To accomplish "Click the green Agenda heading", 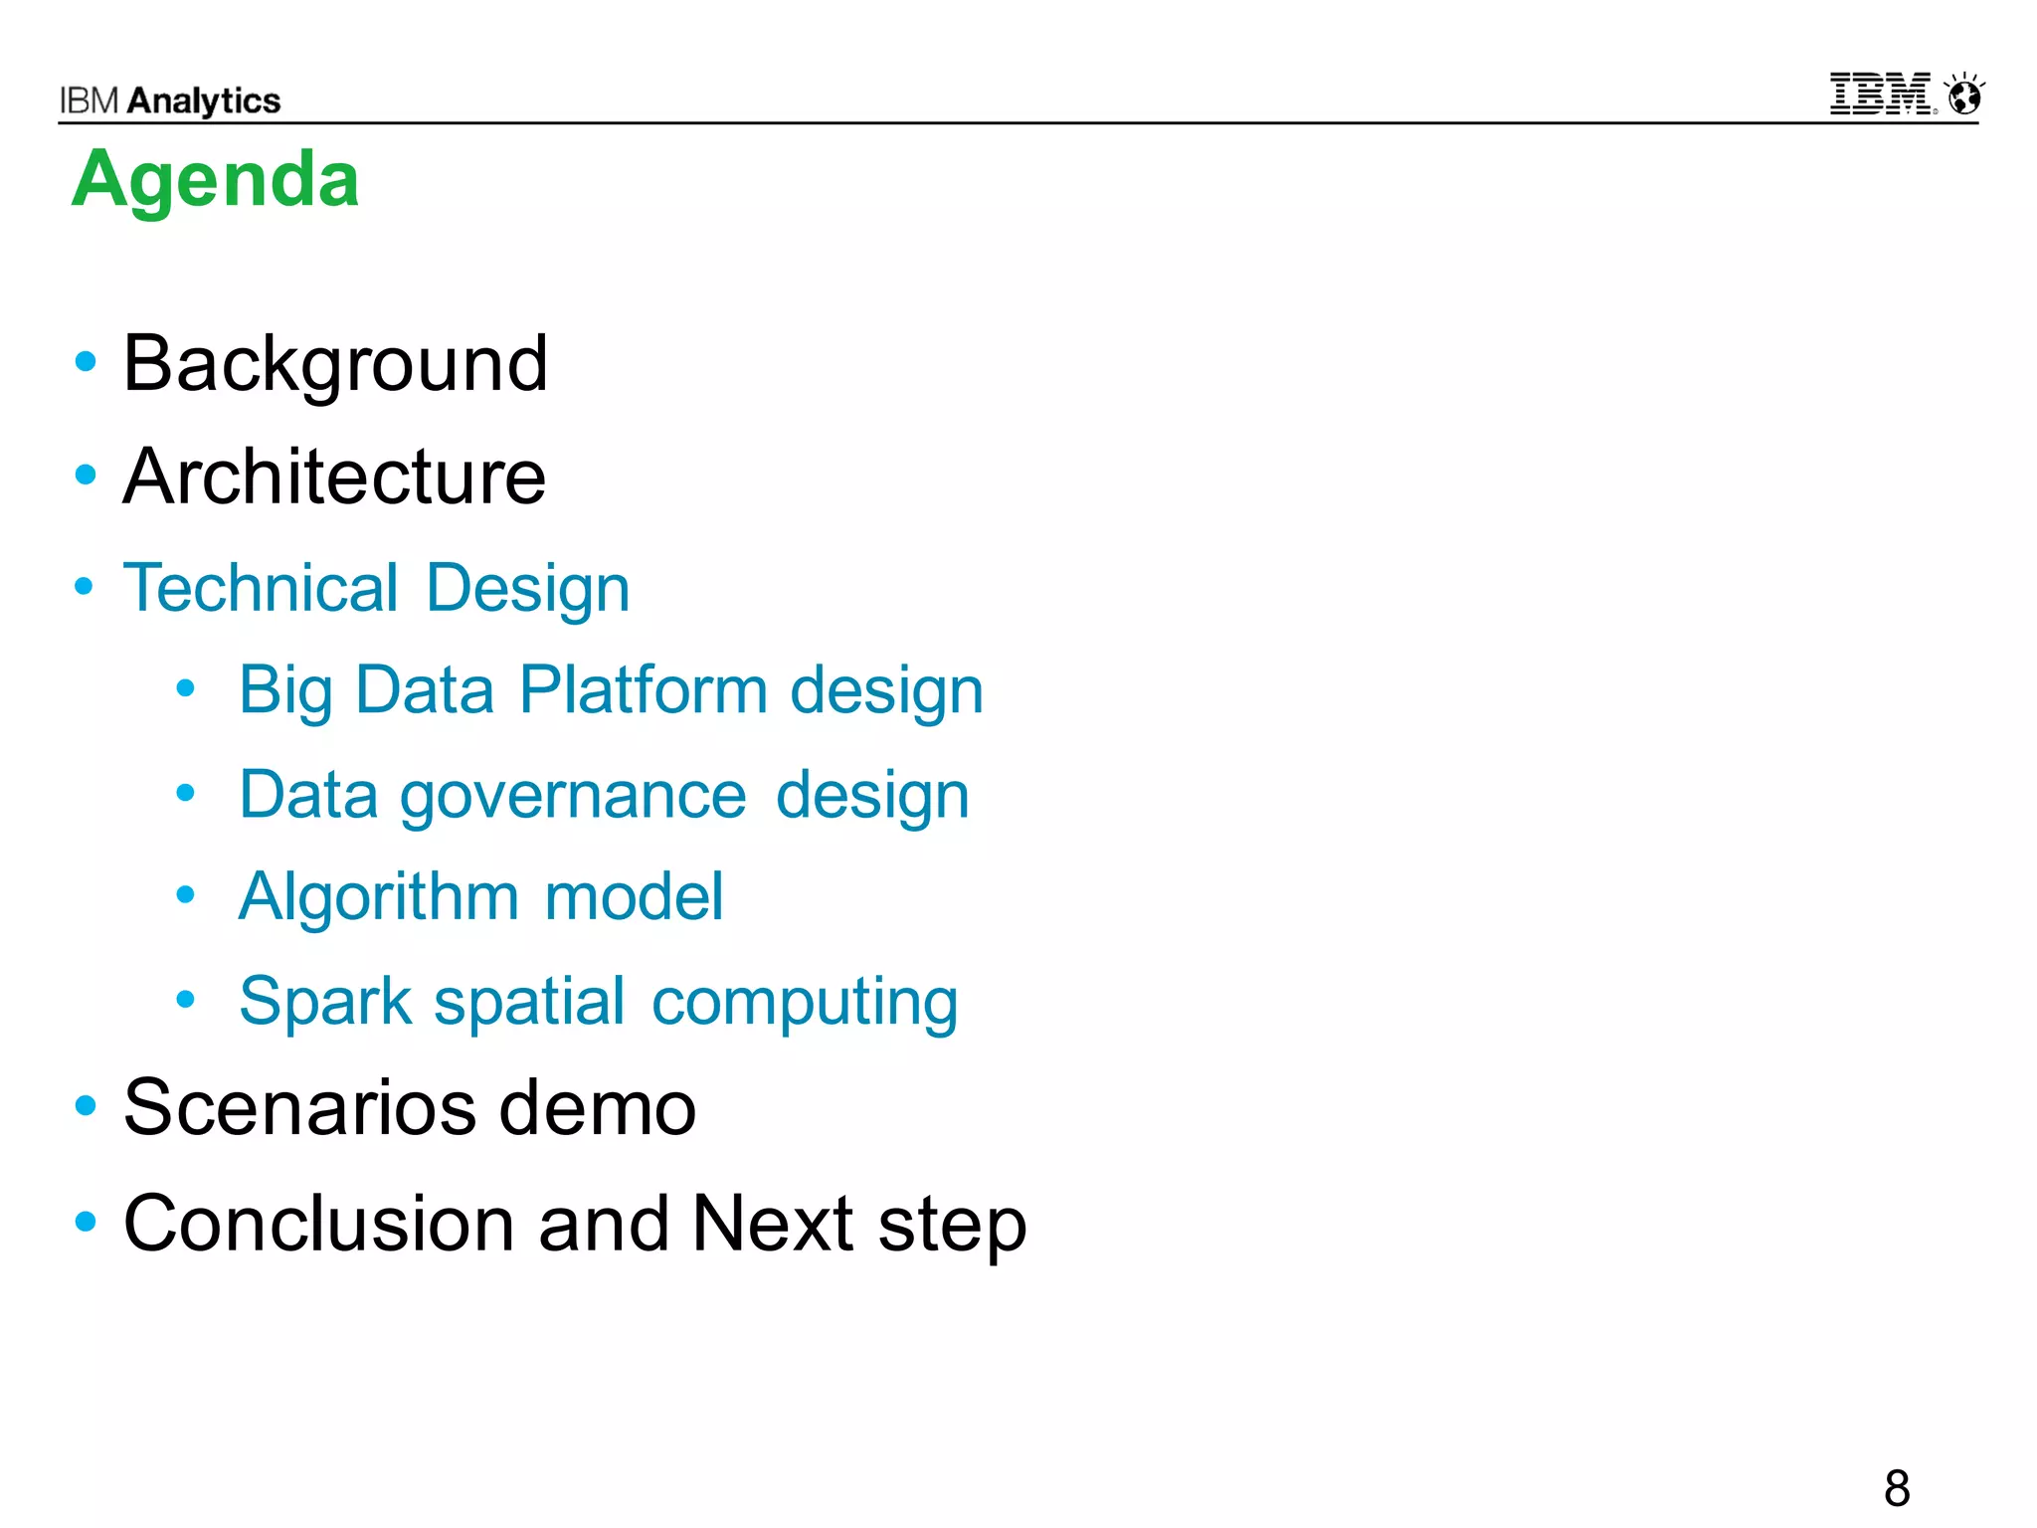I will (x=215, y=180).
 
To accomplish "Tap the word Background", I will (x=335, y=364).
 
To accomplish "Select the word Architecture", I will (x=334, y=477).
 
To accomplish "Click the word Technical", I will (x=261, y=588).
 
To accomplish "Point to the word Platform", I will (x=643, y=689).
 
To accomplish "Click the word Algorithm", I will (x=378, y=897).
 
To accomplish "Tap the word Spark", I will (x=325, y=1001).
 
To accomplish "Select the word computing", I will (x=805, y=1003).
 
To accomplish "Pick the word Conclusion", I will (x=319, y=1223).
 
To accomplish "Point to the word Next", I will (x=772, y=1223).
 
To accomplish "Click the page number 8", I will (x=1896, y=1489).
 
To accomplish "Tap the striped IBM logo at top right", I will (x=1880, y=95).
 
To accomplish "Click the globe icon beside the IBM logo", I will (x=1964, y=95).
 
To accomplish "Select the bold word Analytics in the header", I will (x=204, y=100).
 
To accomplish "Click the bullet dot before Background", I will (x=86, y=362).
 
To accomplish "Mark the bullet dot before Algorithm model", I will (x=185, y=894).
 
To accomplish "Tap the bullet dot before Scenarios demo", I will (x=86, y=1105).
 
